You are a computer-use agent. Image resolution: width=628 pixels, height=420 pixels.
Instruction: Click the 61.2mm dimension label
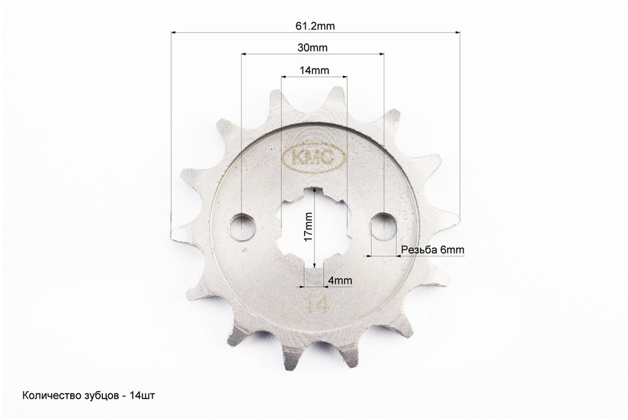point(315,26)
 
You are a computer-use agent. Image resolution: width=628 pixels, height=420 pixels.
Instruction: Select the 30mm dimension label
point(312,48)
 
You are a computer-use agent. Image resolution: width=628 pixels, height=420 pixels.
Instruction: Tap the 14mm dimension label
point(315,70)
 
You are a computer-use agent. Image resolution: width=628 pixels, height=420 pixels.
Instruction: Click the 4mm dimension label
point(340,280)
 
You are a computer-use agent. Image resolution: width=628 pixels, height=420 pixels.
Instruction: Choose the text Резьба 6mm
point(433,250)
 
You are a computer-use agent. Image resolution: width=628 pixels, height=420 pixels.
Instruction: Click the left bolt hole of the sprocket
point(242,228)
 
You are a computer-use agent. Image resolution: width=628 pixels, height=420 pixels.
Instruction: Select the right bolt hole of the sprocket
point(383,228)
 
